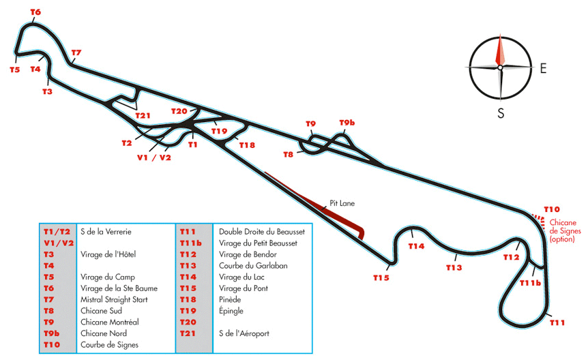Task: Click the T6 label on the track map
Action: point(35,12)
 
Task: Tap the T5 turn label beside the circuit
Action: point(14,70)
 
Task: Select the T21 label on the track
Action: point(143,116)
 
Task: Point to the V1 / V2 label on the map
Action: point(154,157)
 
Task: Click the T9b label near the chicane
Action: point(347,123)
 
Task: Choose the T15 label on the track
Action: point(381,278)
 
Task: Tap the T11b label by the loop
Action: point(530,283)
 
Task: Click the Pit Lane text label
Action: point(342,203)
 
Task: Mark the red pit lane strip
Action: point(315,205)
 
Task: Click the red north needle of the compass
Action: point(500,50)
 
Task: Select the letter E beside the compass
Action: point(543,68)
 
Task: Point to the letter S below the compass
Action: point(501,113)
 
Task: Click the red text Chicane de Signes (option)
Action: point(565,230)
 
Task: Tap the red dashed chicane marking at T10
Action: point(538,220)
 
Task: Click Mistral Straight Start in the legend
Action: point(114,299)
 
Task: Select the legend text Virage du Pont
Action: point(244,288)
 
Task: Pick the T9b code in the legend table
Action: point(51,333)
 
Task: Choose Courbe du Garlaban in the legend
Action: point(253,266)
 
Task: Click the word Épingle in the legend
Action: point(231,311)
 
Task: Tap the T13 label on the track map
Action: point(454,268)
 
